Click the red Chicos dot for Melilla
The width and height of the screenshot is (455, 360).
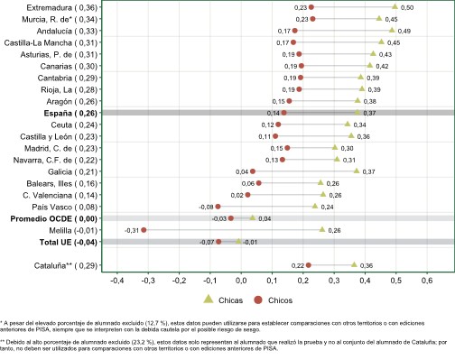144,230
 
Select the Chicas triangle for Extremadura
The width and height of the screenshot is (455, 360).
395,6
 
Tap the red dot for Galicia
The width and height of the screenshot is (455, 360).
253,171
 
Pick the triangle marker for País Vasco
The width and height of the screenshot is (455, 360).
315,206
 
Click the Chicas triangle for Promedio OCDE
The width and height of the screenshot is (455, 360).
253,217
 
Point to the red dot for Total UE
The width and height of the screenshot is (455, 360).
218,242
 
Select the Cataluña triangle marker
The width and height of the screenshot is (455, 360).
354,264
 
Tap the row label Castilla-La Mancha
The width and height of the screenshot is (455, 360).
38,42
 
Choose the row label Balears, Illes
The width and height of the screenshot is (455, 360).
49,183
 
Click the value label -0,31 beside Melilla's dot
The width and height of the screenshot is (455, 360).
132,230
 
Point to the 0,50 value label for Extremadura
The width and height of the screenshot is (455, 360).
407,7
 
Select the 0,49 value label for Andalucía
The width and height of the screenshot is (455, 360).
404,31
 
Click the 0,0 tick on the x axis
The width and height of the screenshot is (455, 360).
241,281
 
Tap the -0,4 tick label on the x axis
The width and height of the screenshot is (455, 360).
116,281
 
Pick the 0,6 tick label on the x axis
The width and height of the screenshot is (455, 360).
427,281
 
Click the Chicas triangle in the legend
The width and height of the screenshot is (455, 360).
209,300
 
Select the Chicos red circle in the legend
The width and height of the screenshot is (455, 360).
258,300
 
